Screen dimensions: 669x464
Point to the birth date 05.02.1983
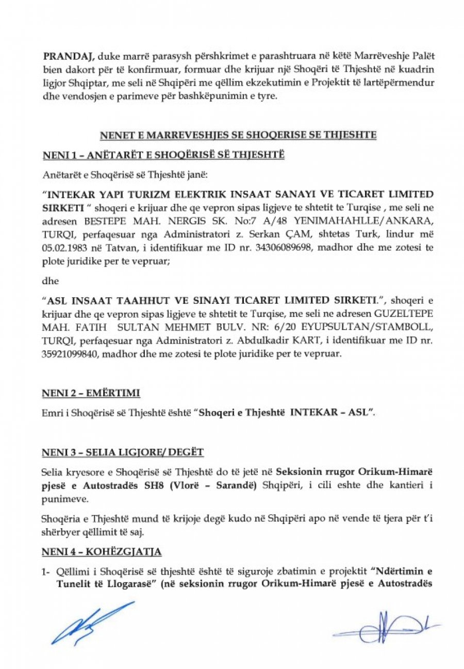click(x=63, y=248)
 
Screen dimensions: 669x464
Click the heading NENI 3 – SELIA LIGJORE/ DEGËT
click(x=122, y=452)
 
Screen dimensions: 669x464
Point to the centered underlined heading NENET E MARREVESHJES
click(x=237, y=135)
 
